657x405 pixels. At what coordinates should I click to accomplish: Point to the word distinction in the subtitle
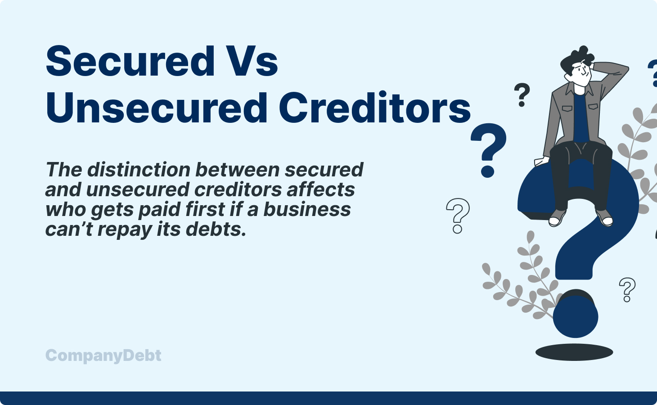139,170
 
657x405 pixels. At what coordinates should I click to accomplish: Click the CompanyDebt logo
103,355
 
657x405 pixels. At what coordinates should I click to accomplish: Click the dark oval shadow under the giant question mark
574,352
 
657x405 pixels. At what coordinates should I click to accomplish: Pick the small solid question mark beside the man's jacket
522,95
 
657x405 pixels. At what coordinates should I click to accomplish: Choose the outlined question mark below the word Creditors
458,216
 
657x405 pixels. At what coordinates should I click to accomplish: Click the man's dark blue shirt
580,117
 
